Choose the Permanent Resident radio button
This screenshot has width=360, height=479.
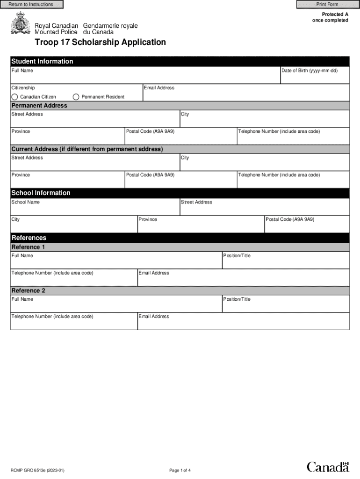(x=76, y=97)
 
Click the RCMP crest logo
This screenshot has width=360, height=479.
(x=20, y=23)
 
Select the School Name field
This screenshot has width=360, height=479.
(x=95, y=209)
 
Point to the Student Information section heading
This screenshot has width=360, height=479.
(x=42, y=61)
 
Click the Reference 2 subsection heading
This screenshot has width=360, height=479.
(x=29, y=290)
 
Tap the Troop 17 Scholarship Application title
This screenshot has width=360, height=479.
(x=100, y=42)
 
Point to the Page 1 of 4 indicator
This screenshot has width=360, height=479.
(x=180, y=470)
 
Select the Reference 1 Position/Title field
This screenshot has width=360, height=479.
(x=286, y=262)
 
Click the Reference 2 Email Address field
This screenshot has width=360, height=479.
(x=243, y=323)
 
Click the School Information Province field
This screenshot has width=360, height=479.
(x=201, y=226)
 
